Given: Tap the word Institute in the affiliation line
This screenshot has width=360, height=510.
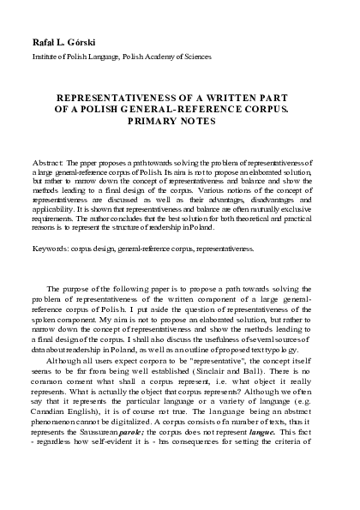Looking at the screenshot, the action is tap(46, 57).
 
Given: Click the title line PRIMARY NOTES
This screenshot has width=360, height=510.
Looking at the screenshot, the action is tap(181, 122).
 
